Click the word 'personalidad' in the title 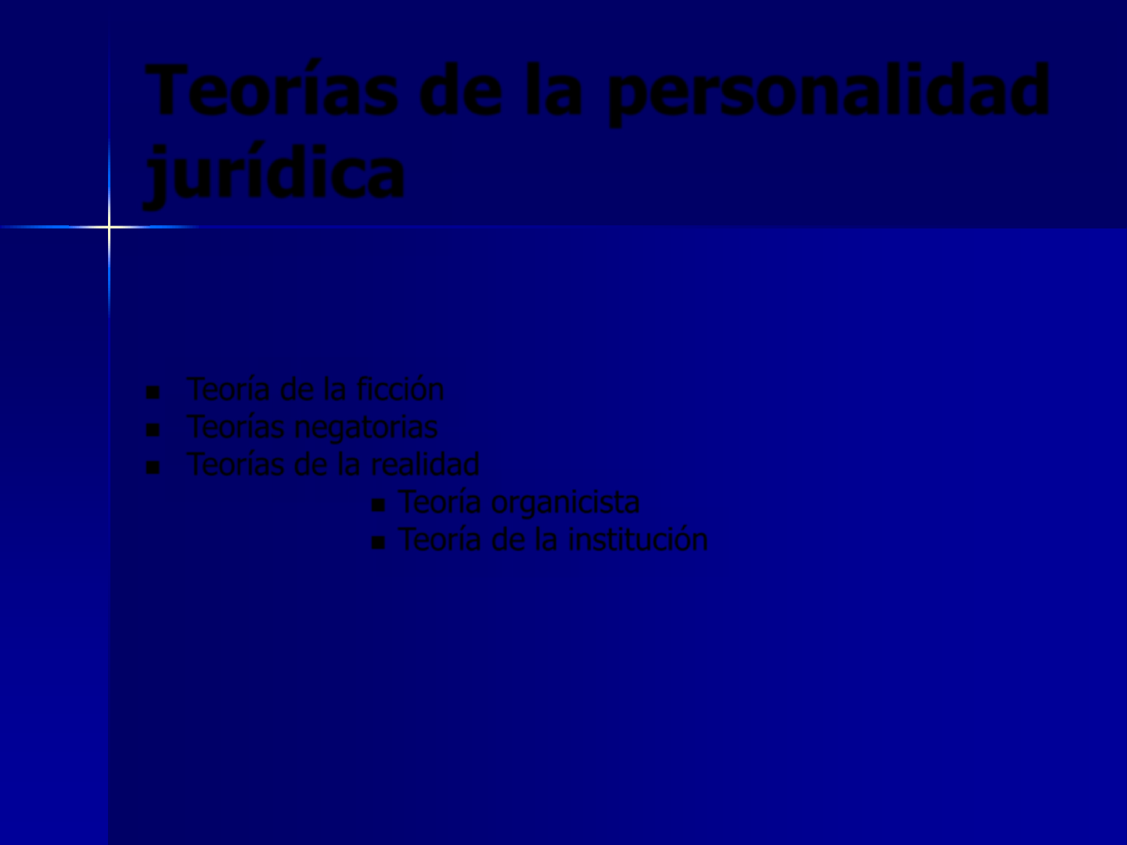point(829,93)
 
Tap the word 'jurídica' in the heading point(274,174)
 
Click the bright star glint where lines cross point(109,226)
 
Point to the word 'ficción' point(400,389)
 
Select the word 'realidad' point(425,464)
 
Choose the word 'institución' point(638,539)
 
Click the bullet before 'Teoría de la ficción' point(153,393)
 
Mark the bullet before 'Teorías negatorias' point(153,430)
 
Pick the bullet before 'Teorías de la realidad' point(153,467)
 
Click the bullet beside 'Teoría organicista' point(378,505)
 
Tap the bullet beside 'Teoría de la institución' point(378,543)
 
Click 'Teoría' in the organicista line point(440,502)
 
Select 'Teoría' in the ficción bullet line point(229,389)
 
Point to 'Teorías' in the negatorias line point(235,426)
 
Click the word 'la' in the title point(553,89)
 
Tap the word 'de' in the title point(460,89)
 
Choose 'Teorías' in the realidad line point(235,464)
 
